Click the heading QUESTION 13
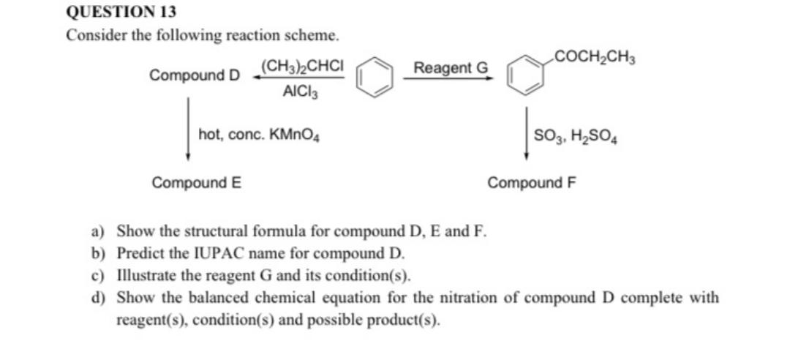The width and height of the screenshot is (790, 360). pyautogui.click(x=121, y=12)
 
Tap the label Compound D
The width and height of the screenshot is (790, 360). pyautogui.click(x=195, y=75)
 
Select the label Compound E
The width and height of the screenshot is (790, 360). pyautogui.click(x=197, y=183)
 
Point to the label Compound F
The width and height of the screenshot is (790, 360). pyautogui.click(x=532, y=182)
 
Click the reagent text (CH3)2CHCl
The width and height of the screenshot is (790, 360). pyautogui.click(x=301, y=64)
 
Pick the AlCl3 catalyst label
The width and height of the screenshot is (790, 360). pyautogui.click(x=300, y=93)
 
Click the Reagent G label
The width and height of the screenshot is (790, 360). pyautogui.click(x=450, y=68)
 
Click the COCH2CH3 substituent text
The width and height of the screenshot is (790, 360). pyautogui.click(x=595, y=56)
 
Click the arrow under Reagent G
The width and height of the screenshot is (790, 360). pyautogui.click(x=448, y=79)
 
